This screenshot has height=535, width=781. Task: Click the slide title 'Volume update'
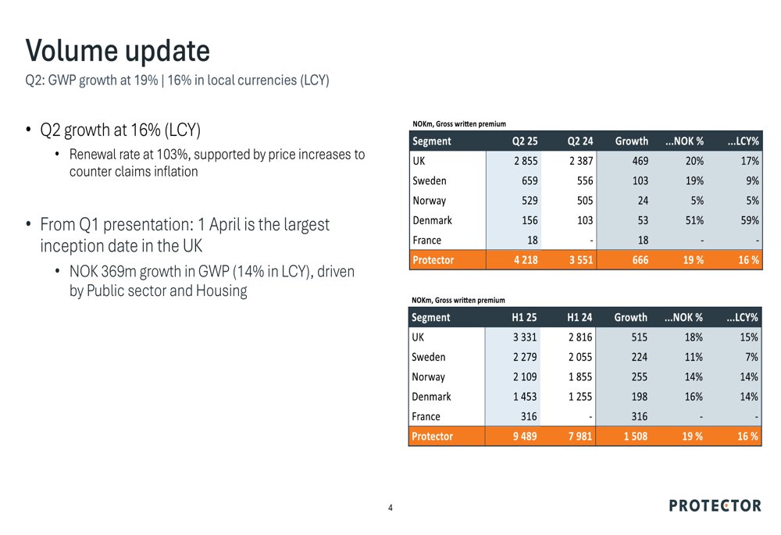click(x=118, y=51)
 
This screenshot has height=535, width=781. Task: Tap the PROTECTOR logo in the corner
click(x=715, y=505)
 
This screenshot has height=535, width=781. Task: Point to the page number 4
click(x=390, y=508)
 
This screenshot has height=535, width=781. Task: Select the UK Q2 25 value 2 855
click(x=526, y=161)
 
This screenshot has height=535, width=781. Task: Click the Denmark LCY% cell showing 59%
click(x=750, y=220)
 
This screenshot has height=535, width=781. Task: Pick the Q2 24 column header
click(x=580, y=141)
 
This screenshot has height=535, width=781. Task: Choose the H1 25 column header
click(x=525, y=317)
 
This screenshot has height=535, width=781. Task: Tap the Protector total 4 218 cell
click(x=526, y=260)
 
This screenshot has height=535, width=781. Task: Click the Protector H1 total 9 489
click(x=525, y=437)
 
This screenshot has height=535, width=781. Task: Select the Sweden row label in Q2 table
click(x=430, y=181)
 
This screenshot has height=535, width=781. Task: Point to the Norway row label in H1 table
click(x=428, y=377)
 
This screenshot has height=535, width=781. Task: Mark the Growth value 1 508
click(x=636, y=437)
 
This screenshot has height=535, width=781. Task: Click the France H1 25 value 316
click(x=529, y=416)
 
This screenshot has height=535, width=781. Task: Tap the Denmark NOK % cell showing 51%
click(x=694, y=220)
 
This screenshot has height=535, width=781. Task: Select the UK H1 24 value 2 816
click(x=580, y=337)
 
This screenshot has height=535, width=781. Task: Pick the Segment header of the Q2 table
click(x=432, y=141)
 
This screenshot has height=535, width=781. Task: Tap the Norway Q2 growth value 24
click(x=643, y=201)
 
